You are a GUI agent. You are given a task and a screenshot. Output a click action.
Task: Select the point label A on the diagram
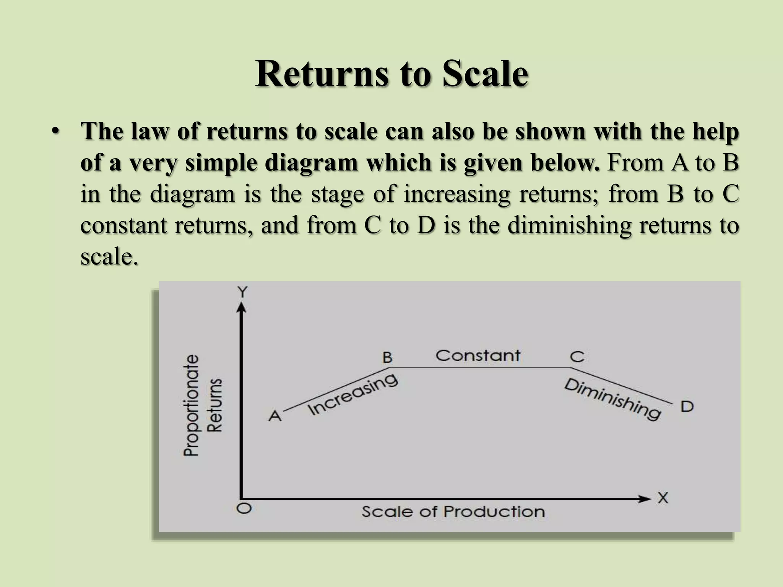[275, 415]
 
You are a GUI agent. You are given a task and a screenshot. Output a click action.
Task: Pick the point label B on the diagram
[387, 358]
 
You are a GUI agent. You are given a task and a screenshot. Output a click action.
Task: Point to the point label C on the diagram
[577, 357]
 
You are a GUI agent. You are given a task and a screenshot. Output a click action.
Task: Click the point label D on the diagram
[687, 407]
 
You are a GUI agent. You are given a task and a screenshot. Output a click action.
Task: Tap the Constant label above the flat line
[478, 355]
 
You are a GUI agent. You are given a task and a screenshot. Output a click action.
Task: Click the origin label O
[244, 508]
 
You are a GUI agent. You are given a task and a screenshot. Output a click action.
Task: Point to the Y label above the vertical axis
[243, 292]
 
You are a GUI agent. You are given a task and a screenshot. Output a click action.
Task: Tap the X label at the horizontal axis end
[663, 498]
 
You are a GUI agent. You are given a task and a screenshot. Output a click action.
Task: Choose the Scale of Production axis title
[453, 512]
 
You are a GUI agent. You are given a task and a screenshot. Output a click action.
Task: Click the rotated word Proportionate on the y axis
[192, 405]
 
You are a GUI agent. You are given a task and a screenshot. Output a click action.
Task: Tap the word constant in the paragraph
[124, 225]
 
